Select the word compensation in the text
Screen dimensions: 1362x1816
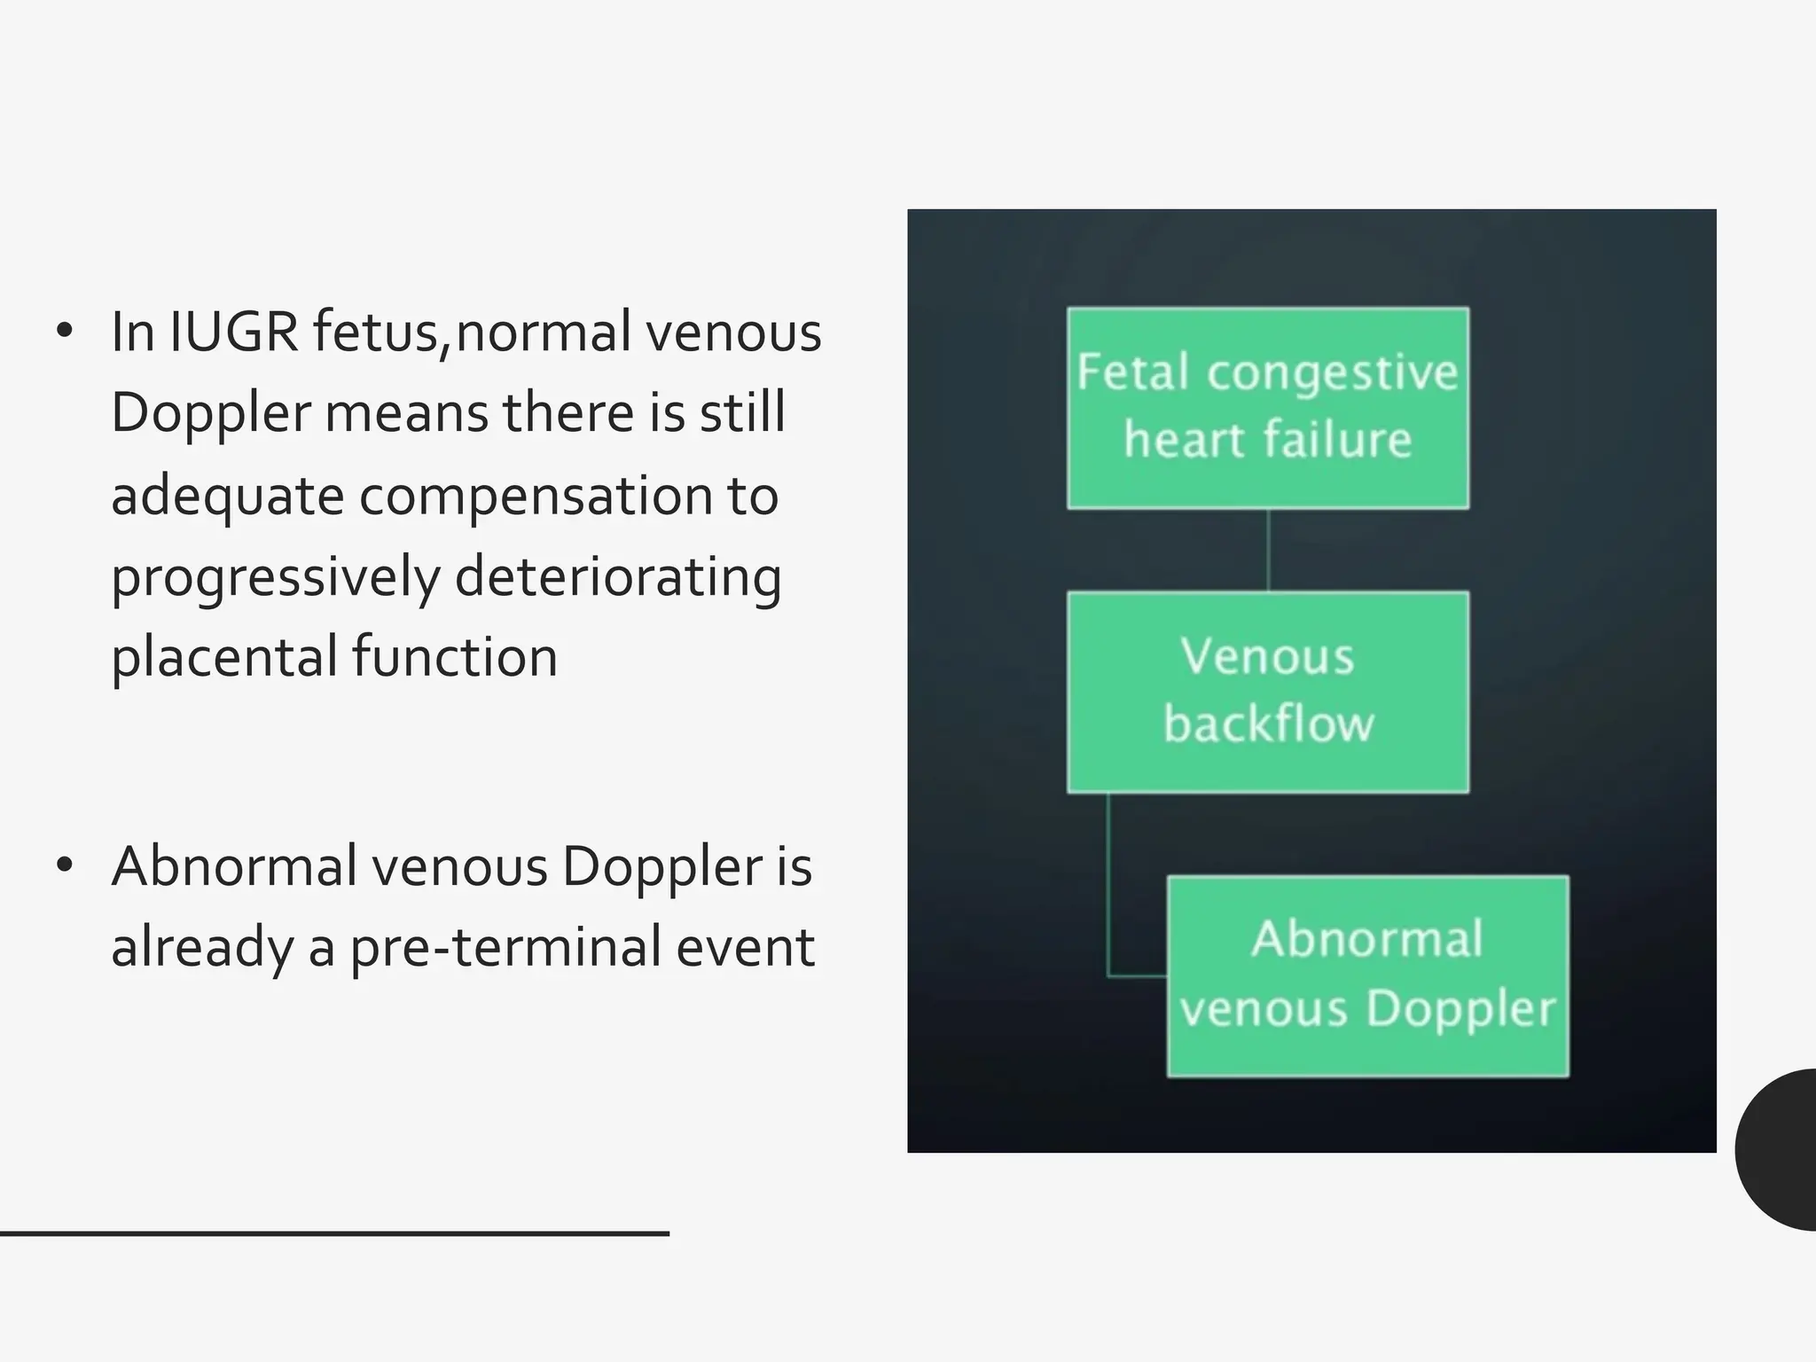tap(536, 496)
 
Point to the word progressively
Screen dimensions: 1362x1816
tap(275, 577)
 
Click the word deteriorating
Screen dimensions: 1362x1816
tap(618, 577)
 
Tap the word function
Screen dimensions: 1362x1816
tap(455, 658)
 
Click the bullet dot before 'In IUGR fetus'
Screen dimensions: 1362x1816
tap(64, 332)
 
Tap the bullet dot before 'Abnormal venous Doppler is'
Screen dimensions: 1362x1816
tap(64, 865)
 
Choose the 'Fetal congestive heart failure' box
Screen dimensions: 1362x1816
tap(1267, 408)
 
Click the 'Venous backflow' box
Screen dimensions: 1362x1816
tap(1267, 692)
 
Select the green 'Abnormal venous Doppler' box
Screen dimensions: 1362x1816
tap(1367, 976)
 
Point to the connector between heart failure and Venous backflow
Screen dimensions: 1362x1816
tap(1268, 550)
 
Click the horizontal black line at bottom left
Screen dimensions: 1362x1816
tap(333, 1233)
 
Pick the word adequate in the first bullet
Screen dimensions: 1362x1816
tap(227, 496)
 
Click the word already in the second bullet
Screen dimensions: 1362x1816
tap(202, 947)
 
